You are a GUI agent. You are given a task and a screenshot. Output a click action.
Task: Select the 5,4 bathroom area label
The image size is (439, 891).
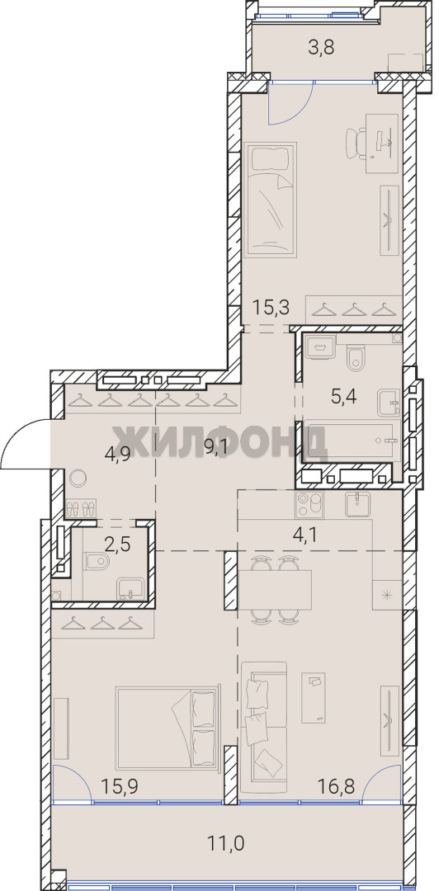click(343, 396)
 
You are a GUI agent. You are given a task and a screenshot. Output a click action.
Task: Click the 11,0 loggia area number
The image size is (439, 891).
click(226, 843)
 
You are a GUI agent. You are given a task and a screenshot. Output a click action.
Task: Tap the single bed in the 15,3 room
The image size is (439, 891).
click(271, 200)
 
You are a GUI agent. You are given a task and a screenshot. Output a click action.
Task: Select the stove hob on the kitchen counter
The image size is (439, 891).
click(309, 505)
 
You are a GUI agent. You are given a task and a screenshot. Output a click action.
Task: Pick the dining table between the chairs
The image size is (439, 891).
click(276, 589)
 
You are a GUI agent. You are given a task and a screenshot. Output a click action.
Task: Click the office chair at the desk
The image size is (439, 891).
click(356, 144)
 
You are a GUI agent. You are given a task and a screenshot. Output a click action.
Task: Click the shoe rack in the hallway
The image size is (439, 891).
click(81, 507)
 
